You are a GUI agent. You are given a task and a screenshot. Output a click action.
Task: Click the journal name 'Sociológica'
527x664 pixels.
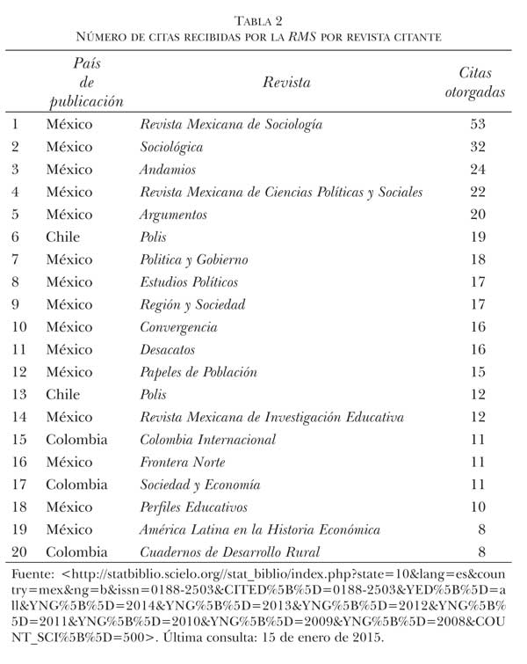coord(172,147)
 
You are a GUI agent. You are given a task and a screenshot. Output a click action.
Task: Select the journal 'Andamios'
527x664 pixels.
coord(168,169)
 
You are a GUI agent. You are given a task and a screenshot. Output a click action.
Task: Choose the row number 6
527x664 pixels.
coord(16,237)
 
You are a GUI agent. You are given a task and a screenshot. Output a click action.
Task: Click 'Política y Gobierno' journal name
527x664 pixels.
coord(194,260)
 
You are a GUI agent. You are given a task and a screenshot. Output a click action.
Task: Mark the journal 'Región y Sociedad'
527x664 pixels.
coord(192,305)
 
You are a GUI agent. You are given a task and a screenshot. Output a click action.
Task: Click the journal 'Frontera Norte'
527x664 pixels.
coord(183,463)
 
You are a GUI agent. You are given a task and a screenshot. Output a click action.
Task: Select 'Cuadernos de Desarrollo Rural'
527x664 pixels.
coord(230,552)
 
